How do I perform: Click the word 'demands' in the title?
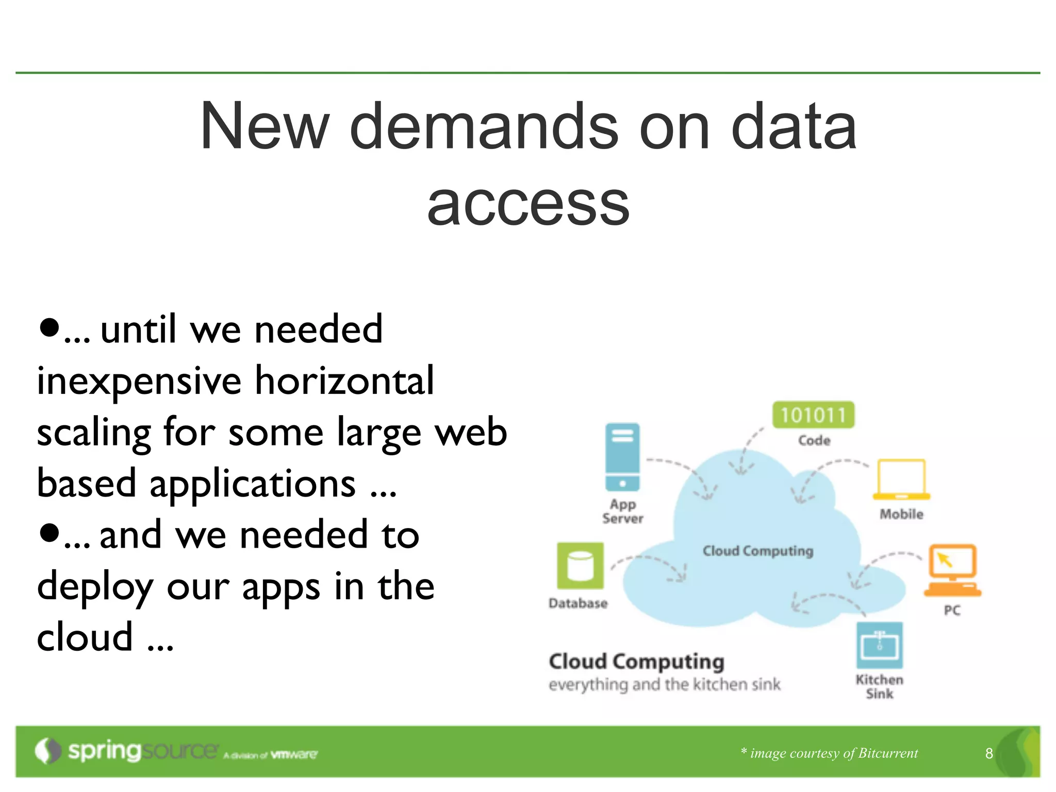coord(484,126)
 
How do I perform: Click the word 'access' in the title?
coord(528,204)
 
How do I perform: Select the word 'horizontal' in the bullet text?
coord(344,381)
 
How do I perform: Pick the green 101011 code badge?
coord(813,415)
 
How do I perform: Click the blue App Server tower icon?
coord(622,457)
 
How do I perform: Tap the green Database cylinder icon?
coord(580,566)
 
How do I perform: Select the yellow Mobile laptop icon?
coord(901,480)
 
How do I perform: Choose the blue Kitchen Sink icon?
coord(879,645)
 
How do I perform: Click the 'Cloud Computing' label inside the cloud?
coord(757,551)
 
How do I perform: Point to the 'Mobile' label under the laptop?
coord(901,514)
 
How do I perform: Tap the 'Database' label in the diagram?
coord(578,603)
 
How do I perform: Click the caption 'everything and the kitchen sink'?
coord(664,685)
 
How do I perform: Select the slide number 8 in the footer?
coord(988,753)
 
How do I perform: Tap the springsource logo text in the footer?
coord(142,751)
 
